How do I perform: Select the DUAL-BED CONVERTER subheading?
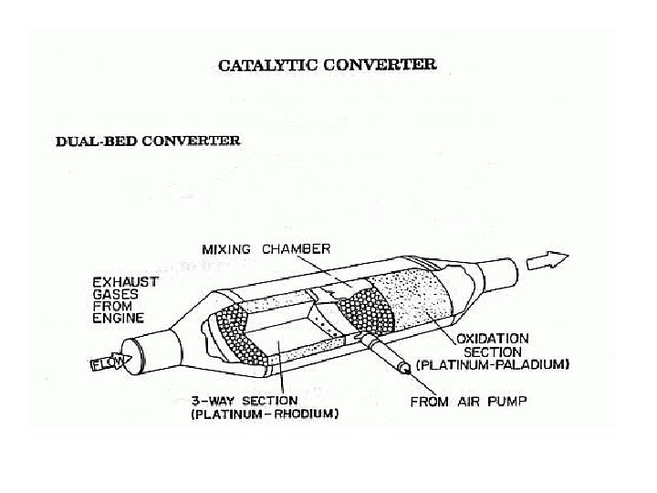click(x=148, y=142)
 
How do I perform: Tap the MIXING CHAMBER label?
click(x=266, y=247)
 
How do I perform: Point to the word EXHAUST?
click(x=125, y=283)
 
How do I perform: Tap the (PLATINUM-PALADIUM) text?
click(x=493, y=363)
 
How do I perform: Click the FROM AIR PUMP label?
click(x=470, y=400)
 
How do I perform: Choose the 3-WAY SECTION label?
click(x=244, y=400)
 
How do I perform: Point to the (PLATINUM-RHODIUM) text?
click(x=265, y=414)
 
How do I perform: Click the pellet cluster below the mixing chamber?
click(x=365, y=310)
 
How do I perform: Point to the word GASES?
click(x=116, y=297)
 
